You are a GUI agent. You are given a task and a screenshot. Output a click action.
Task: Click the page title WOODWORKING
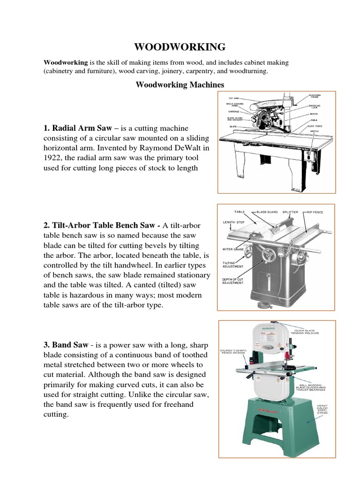pos(180,47)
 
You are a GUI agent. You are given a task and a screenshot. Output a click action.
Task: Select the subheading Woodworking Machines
pos(180,85)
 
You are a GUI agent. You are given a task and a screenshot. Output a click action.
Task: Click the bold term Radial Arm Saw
pos(82,128)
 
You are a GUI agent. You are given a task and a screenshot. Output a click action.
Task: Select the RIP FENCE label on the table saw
pos(315,212)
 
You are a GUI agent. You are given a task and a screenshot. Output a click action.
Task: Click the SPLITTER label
pos(290,212)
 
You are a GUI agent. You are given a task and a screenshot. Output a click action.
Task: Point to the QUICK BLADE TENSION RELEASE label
pos(306,332)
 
